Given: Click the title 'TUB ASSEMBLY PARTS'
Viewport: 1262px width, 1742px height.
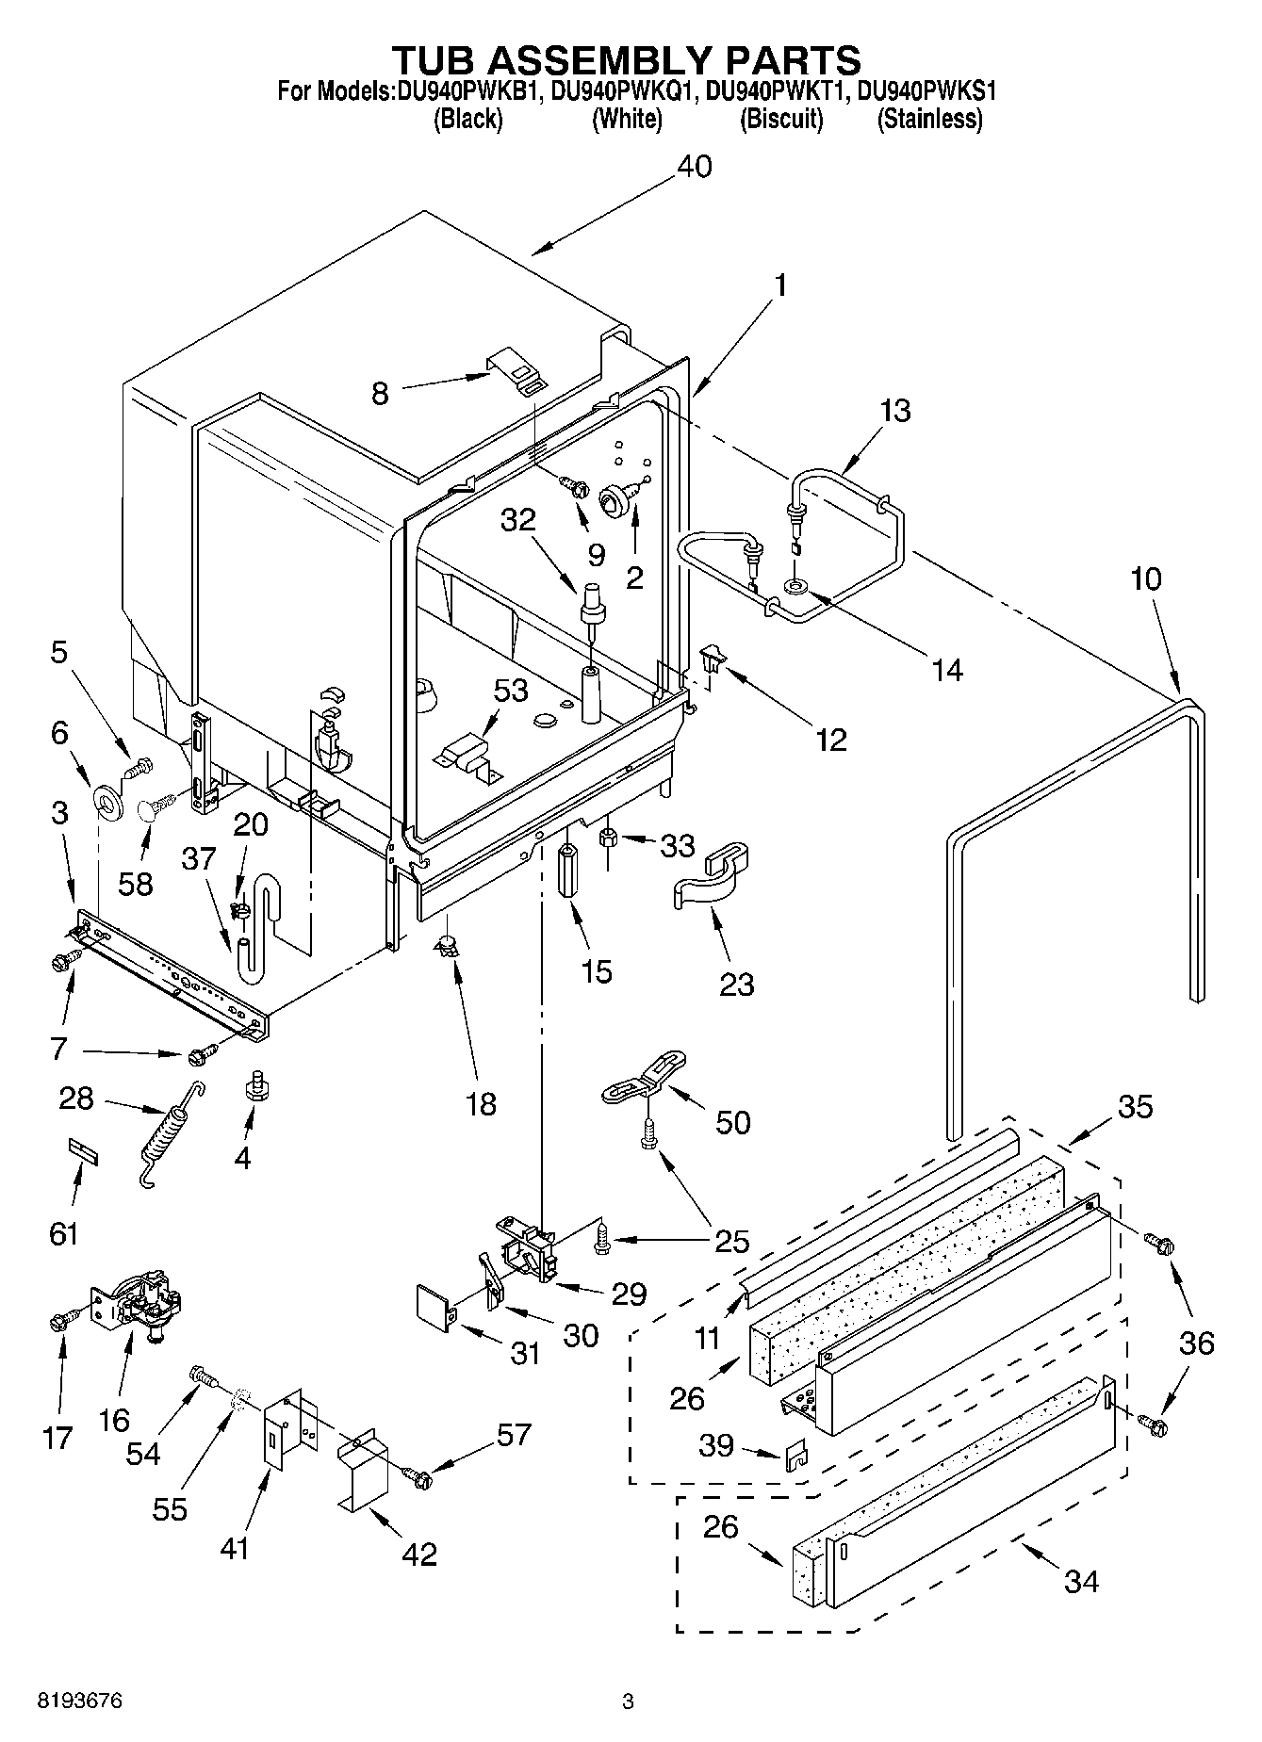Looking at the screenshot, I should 626,59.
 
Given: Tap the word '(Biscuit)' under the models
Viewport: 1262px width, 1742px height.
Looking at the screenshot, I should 781,120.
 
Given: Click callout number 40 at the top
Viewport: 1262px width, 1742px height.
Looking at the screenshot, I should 695,167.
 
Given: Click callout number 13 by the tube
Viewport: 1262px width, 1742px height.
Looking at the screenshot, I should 895,411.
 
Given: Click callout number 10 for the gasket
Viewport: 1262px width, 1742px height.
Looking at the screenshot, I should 1146,578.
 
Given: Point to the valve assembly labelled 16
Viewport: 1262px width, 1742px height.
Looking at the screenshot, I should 139,1306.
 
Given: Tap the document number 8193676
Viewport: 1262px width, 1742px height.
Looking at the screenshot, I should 79,1701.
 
